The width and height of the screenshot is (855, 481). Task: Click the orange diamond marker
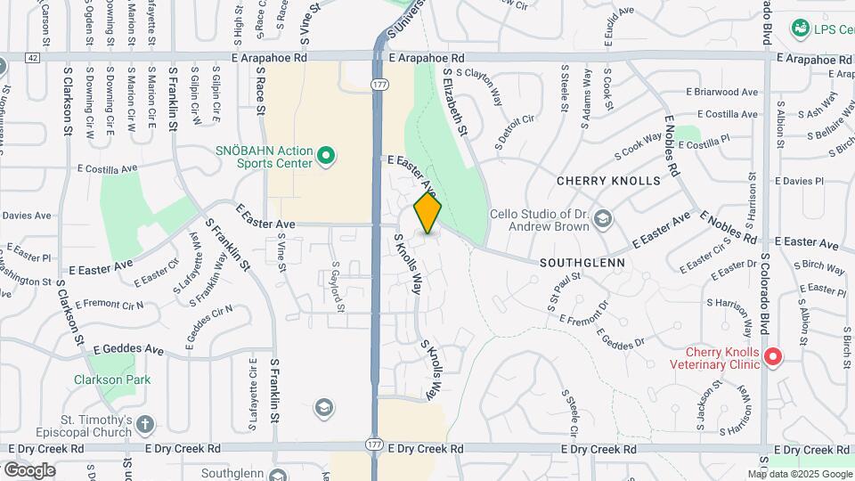[x=427, y=213]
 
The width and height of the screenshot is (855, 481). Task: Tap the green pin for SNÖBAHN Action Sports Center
[x=326, y=157]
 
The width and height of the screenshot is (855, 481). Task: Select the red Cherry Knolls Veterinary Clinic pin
[x=773, y=358]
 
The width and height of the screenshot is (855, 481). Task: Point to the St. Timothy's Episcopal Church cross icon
[x=145, y=424]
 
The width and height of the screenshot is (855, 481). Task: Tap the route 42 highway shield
[x=33, y=57]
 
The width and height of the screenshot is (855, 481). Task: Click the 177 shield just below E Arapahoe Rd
[x=379, y=84]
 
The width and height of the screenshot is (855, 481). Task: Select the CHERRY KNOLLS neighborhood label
[x=608, y=181]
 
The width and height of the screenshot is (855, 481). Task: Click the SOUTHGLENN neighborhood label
[x=582, y=264]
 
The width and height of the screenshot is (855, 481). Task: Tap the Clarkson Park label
[x=112, y=379]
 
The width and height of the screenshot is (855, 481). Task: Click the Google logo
[x=28, y=469]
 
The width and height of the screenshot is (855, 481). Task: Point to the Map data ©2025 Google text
[x=799, y=474]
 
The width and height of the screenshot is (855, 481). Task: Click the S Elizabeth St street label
[x=452, y=102]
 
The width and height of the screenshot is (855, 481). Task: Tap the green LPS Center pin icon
[x=801, y=29]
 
